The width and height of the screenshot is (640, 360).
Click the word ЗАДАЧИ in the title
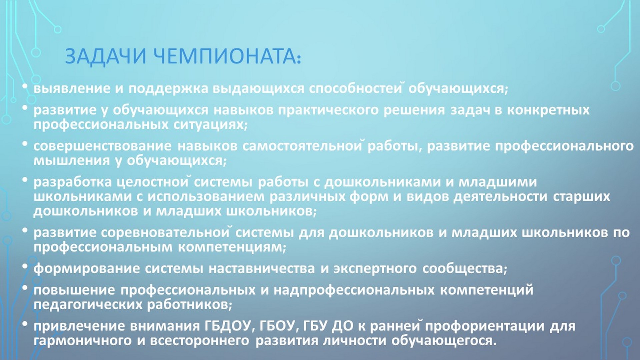(106, 56)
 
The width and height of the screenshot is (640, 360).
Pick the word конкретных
(548, 110)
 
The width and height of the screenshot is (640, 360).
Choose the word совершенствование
(102, 146)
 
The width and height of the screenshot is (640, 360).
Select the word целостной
(153, 182)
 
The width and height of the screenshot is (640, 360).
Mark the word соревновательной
(165, 232)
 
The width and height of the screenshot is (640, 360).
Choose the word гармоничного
(82, 341)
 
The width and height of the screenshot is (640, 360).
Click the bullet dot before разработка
(25, 180)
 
